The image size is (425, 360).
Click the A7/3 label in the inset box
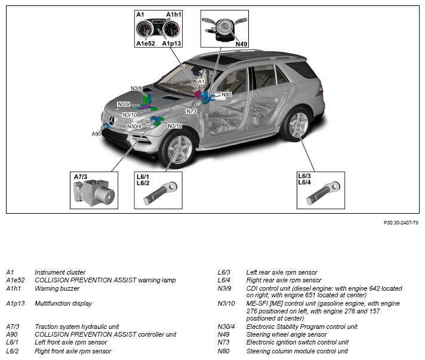tap(81, 177)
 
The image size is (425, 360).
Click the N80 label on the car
tap(226, 94)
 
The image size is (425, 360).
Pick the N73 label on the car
tap(192, 111)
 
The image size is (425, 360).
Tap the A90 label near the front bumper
tap(97, 134)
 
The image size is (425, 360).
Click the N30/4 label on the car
tap(134, 126)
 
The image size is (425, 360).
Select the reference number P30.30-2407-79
tap(401, 223)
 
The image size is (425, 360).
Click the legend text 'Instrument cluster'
tap(60, 272)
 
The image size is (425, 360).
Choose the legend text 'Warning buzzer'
tap(57, 288)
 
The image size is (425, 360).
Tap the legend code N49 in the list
tap(224, 334)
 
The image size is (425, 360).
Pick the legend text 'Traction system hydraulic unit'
tap(77, 327)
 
